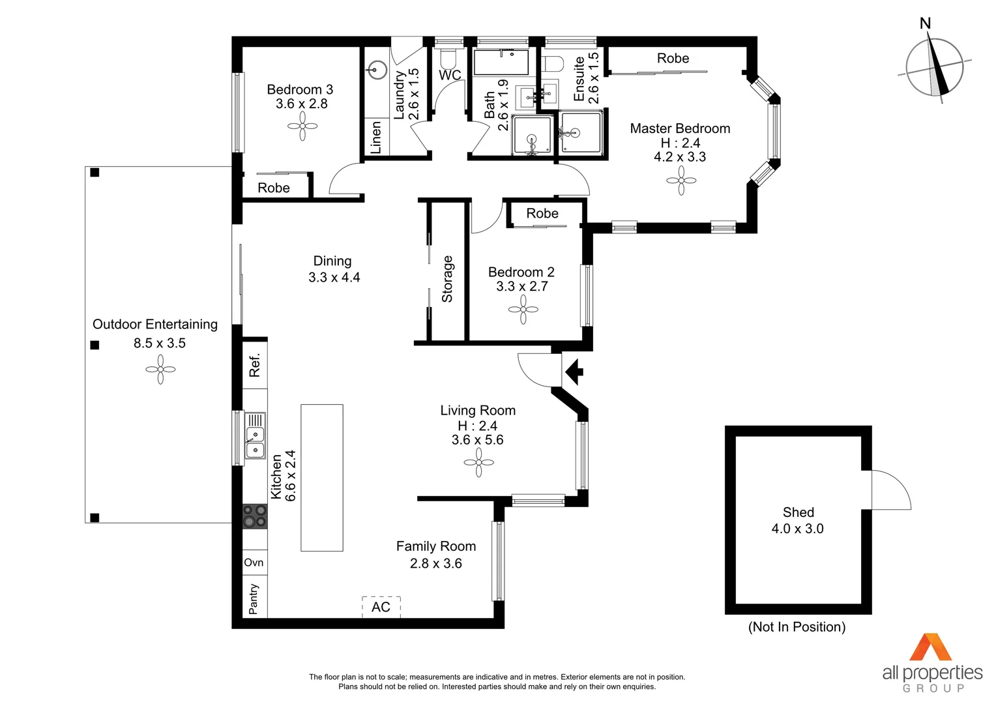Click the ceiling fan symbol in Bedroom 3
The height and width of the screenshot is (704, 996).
pos(302,126)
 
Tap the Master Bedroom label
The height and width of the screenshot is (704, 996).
pos(680,128)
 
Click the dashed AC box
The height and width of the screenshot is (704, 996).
pos(381,607)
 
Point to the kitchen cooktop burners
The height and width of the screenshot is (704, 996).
pos(255,516)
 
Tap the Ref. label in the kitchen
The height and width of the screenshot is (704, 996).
pos(254,365)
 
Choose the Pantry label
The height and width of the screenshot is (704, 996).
pos(254,598)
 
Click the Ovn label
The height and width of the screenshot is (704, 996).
pos(254,563)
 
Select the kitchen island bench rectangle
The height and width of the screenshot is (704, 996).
pos(322,478)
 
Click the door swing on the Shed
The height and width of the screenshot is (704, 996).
pos(890,490)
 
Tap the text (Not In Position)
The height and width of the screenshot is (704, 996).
pos(797,627)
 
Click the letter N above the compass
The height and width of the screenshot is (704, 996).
pos(925,23)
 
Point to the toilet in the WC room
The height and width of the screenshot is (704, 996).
pos(448,59)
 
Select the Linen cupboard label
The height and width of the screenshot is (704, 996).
pos(376,138)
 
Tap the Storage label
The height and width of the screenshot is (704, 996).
pos(447,279)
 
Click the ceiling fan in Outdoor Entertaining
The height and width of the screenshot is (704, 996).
pos(160,370)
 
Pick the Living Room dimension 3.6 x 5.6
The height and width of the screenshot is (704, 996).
pos(477,440)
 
